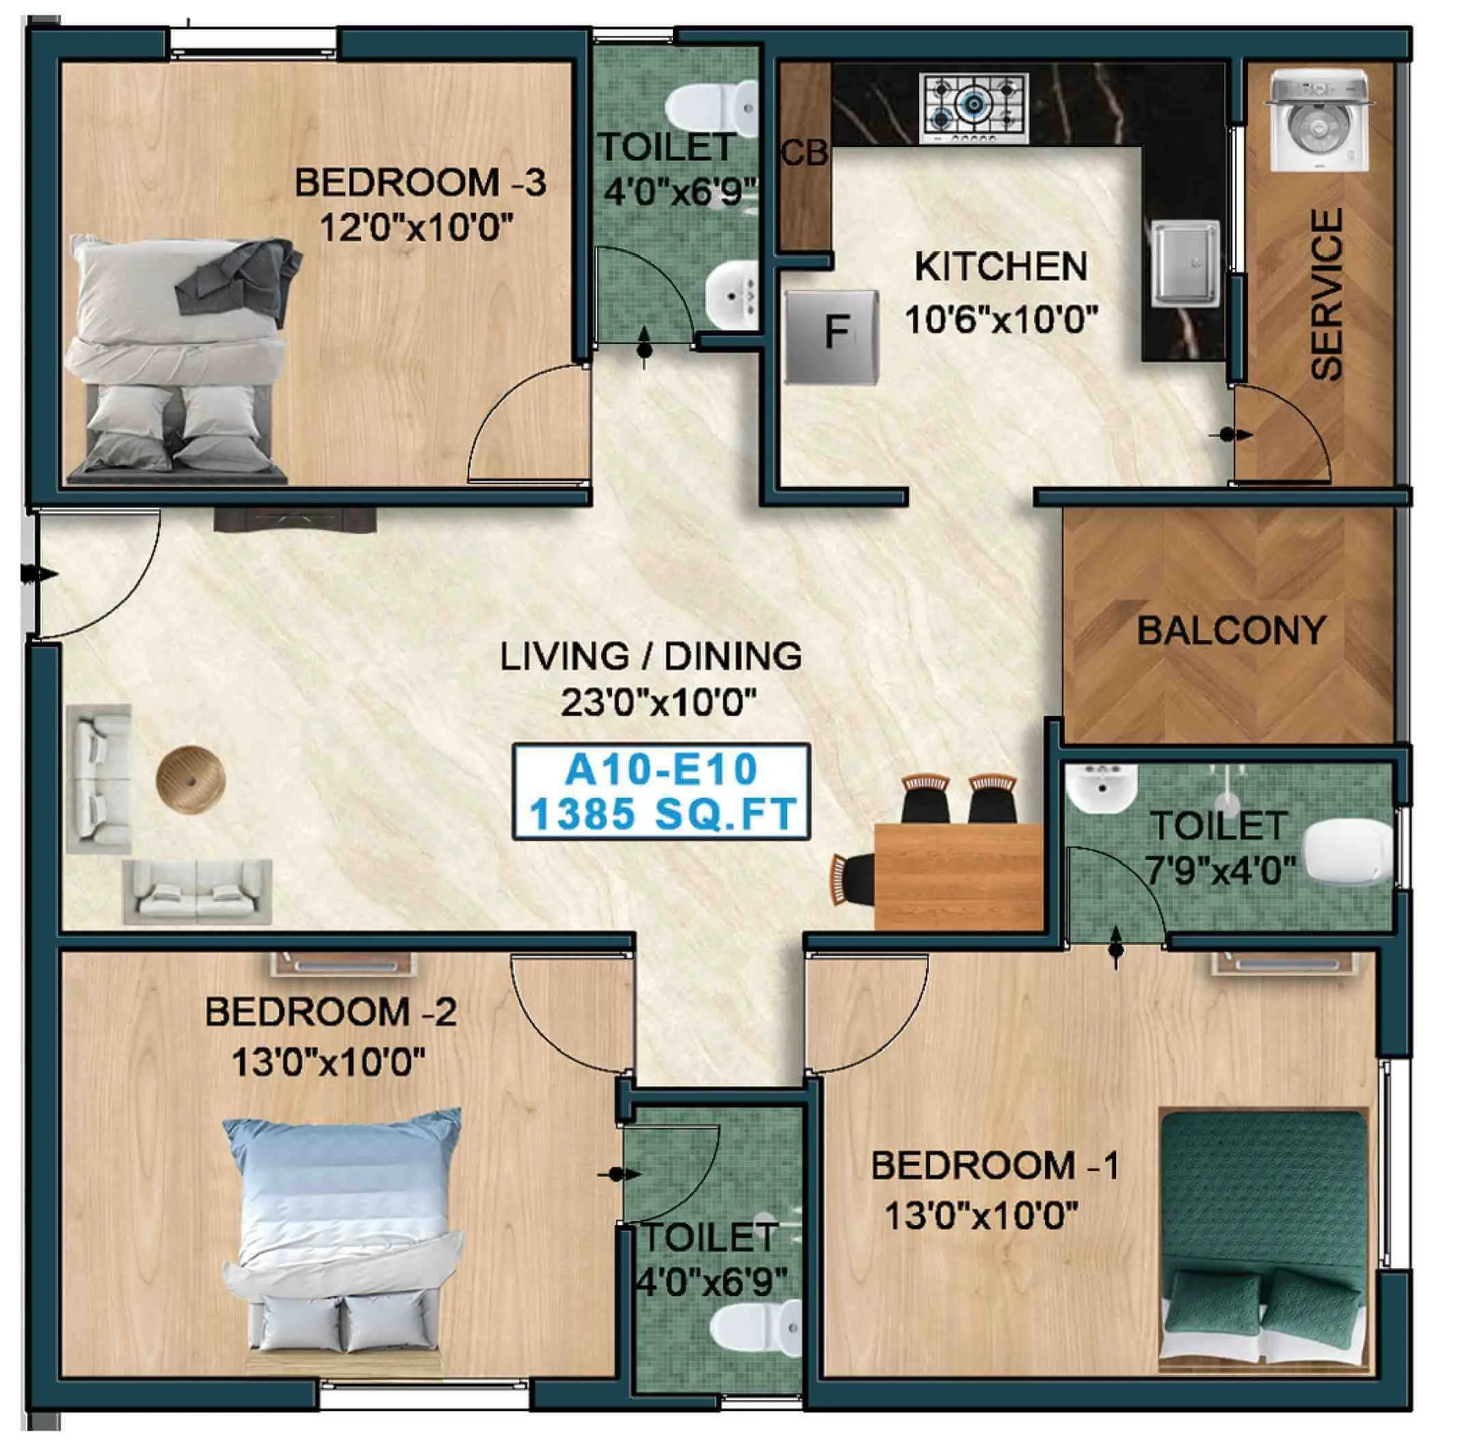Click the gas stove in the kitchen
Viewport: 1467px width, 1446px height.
[974, 108]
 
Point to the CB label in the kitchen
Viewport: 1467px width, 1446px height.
[804, 154]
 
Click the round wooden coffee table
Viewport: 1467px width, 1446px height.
[191, 779]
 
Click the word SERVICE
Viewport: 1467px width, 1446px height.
[1327, 295]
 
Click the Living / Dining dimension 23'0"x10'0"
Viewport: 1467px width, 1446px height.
[659, 704]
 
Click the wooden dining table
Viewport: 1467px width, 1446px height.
[958, 875]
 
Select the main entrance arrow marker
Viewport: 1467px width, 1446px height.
[34, 574]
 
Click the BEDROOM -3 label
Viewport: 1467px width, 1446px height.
[420, 183]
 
